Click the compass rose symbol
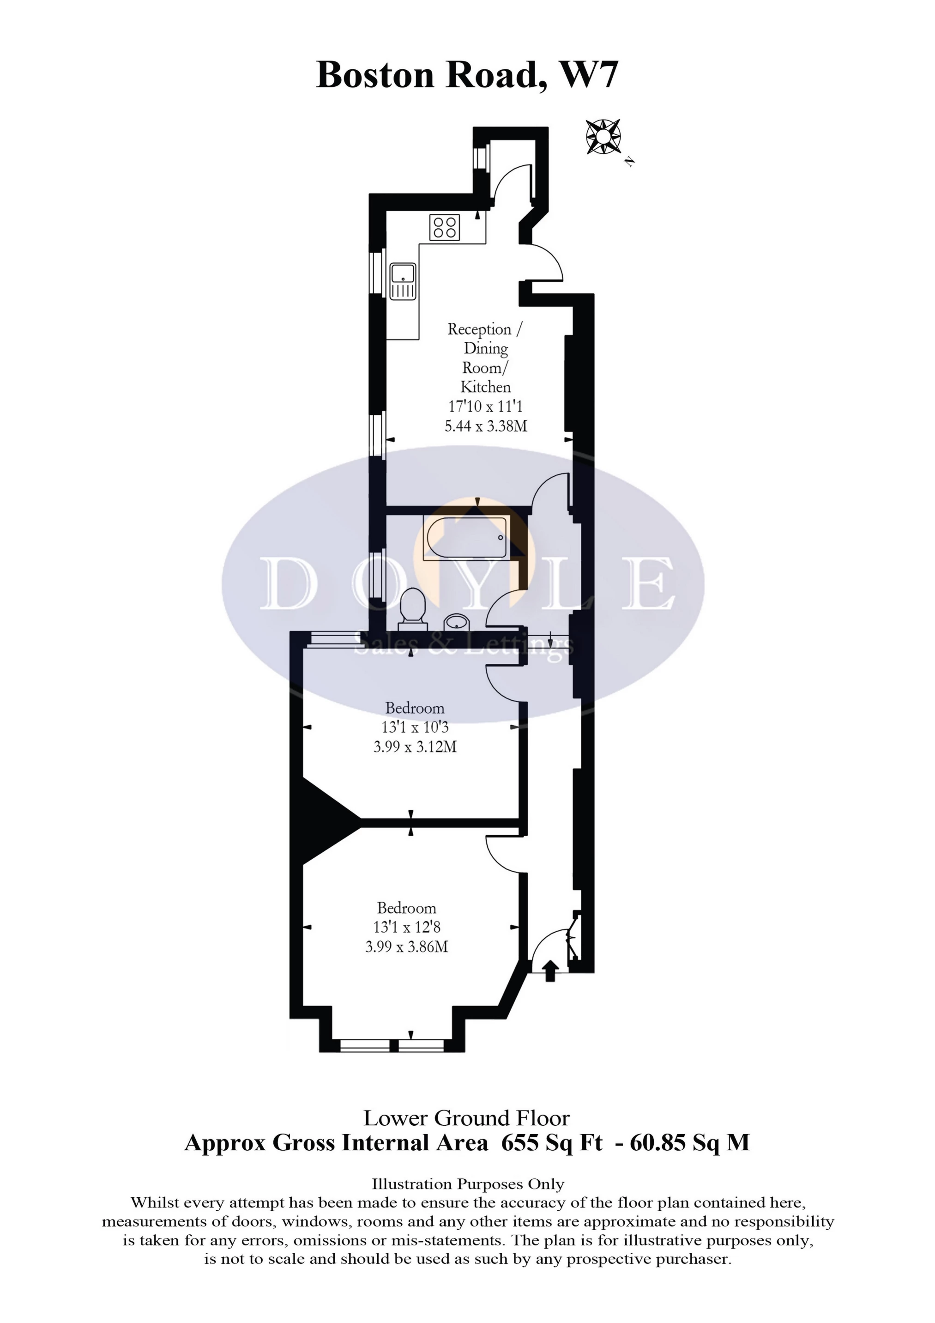(x=603, y=137)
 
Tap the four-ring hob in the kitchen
(x=445, y=226)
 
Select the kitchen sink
(x=403, y=281)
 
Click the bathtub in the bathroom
(x=465, y=538)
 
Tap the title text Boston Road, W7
(x=467, y=75)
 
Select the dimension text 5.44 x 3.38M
(x=486, y=426)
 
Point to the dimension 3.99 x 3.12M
(x=415, y=747)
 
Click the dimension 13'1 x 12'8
(x=407, y=927)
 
